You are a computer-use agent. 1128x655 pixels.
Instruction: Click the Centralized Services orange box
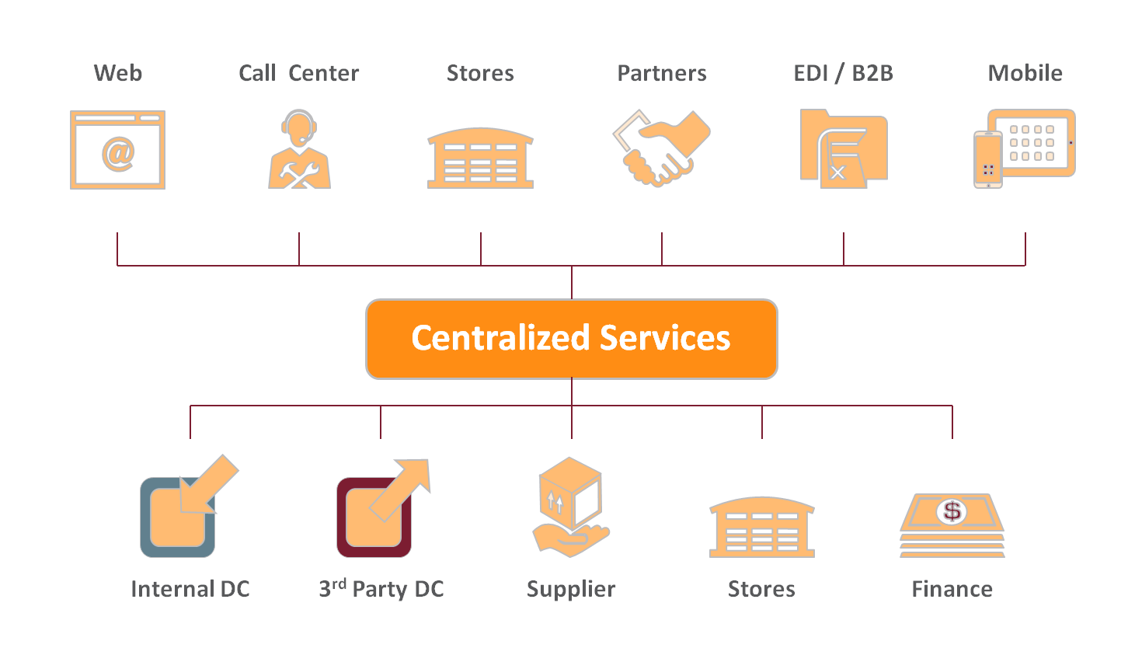click(571, 339)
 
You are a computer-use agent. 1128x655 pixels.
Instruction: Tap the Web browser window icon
click(117, 150)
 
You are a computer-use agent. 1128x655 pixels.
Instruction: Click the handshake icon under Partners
click(661, 148)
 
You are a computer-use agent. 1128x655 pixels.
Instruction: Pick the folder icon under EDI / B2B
click(843, 148)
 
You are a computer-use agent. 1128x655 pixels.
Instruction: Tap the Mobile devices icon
click(1025, 148)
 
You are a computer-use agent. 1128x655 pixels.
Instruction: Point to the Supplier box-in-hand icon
click(570, 507)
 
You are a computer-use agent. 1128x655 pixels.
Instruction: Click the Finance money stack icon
click(952, 525)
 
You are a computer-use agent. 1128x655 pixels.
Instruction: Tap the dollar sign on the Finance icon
click(952, 511)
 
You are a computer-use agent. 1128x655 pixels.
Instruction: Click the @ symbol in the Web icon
click(118, 154)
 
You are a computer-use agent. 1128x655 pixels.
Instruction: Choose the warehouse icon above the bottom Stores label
click(761, 528)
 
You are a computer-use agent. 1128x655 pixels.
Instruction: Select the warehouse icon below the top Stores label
click(480, 159)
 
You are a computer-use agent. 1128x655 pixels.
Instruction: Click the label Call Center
click(298, 73)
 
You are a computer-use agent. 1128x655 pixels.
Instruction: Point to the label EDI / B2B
click(843, 73)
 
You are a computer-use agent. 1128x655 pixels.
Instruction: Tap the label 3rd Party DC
click(381, 589)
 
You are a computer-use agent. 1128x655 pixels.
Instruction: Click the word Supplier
click(571, 589)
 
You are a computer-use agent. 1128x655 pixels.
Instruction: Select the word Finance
click(952, 589)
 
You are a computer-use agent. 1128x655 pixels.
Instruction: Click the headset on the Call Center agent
click(299, 124)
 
